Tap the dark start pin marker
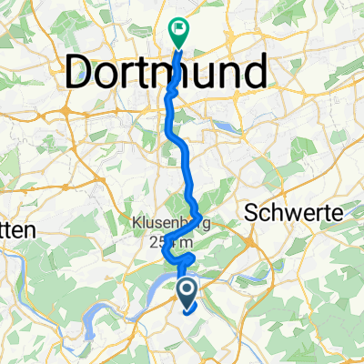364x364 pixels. pyautogui.click(x=186, y=293)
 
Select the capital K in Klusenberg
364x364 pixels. pyautogui.click(x=134, y=223)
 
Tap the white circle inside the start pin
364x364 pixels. pyautogui.click(x=186, y=290)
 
